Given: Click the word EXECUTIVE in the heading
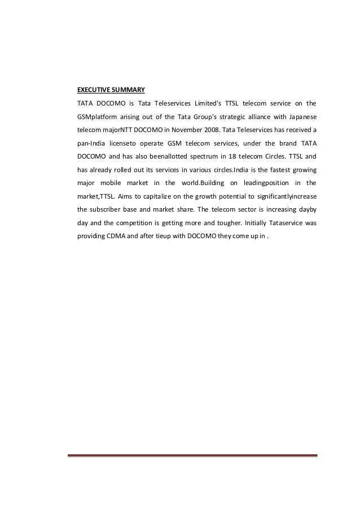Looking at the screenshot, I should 94,89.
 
